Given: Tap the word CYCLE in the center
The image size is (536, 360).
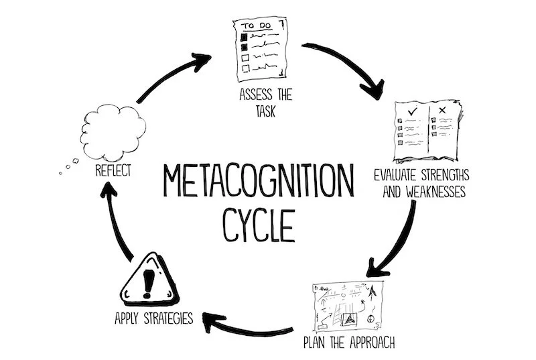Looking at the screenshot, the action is tap(259, 225).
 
